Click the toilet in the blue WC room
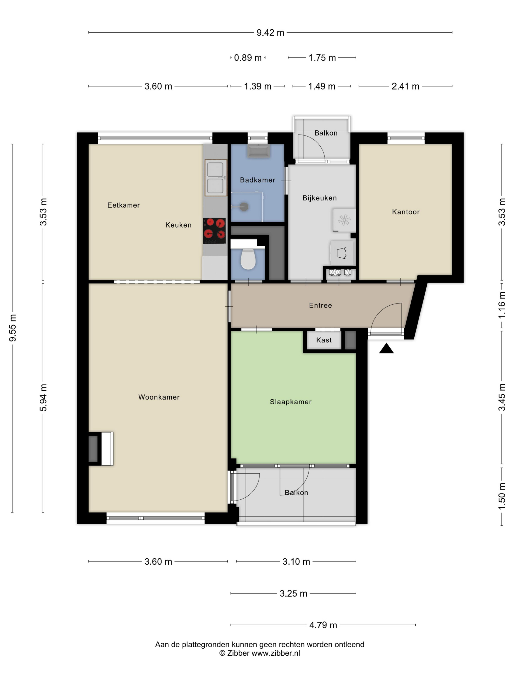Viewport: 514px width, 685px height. (248, 259)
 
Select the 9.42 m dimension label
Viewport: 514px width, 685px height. (270, 33)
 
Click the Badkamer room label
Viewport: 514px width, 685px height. (257, 180)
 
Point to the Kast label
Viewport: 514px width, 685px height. (324, 340)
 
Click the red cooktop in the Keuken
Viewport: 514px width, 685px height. (214, 231)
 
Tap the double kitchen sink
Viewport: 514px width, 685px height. (216, 178)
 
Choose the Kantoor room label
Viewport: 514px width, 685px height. (406, 212)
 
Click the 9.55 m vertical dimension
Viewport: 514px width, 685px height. (13, 328)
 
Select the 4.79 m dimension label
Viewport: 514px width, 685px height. (323, 625)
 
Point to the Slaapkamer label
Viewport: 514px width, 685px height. (290, 402)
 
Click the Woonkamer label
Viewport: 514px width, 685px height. (159, 397)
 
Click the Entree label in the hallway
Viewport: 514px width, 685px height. (320, 305)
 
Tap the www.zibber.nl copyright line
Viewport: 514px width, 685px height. (260, 653)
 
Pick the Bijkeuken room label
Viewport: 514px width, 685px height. (319, 198)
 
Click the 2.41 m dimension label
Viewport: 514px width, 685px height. (405, 86)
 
